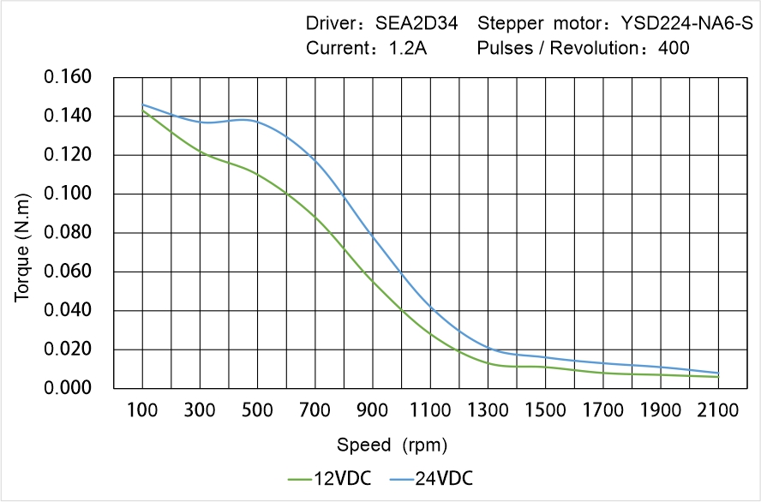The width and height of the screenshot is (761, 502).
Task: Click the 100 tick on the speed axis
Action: point(142,411)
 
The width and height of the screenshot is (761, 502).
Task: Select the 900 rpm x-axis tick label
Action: point(373,411)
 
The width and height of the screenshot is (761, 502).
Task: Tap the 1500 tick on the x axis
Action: point(545,411)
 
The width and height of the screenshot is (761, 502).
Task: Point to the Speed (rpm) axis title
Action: point(392,445)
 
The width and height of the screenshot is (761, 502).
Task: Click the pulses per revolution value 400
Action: point(674,48)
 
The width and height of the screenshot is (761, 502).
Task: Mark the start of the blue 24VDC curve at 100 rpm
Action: point(142,105)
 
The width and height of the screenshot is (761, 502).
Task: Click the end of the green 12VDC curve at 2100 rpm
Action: point(718,377)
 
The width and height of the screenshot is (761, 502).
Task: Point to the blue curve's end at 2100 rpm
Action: point(718,373)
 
